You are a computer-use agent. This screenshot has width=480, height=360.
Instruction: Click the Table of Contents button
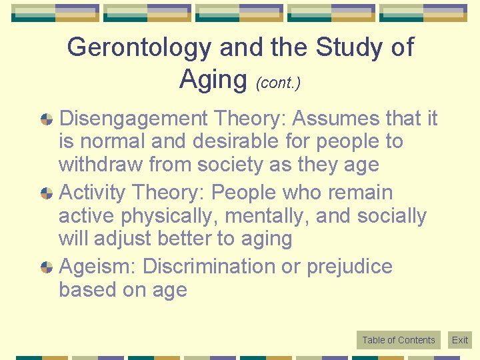pyautogui.click(x=398, y=340)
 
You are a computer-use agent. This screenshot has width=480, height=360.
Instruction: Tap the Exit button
pyautogui.click(x=460, y=340)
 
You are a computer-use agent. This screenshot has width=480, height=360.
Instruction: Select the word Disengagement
pyautogui.click(x=134, y=119)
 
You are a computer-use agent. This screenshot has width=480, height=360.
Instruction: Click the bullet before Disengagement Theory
pyautogui.click(x=47, y=119)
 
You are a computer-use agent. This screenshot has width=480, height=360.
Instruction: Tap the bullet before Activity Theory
pyautogui.click(x=47, y=193)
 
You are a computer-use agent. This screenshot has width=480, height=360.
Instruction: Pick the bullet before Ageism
pyautogui.click(x=47, y=267)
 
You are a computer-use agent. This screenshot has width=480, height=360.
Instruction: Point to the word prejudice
pyautogui.click(x=349, y=267)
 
